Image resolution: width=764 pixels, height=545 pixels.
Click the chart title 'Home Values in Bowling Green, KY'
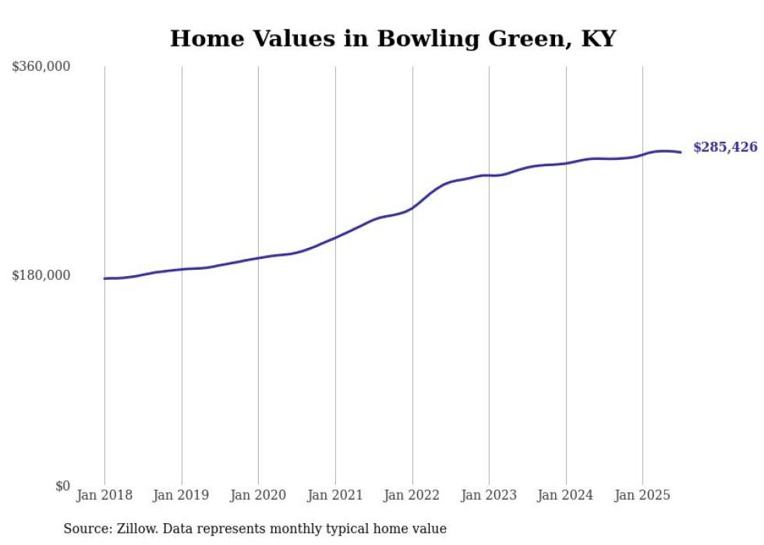392,38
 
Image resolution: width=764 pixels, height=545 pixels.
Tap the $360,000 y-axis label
41,67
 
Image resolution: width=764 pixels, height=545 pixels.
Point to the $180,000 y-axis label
41,275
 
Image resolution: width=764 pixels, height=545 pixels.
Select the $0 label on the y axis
62,486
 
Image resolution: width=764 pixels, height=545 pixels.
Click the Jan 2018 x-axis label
104,495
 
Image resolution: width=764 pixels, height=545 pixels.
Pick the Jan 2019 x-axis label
182,495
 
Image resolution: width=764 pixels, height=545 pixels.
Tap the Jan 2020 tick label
258,495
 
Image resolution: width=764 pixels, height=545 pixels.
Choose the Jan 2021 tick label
335,495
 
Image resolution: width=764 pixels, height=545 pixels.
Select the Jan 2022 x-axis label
412,495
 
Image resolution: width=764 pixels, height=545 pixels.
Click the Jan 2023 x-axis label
489,495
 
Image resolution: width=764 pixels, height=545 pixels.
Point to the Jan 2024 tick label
566,495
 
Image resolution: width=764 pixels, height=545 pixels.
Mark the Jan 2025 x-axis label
642,495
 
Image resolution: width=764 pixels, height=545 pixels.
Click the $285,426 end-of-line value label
725,147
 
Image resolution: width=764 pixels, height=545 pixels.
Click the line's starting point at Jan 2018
104,278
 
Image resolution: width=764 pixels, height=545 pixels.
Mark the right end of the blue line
681,152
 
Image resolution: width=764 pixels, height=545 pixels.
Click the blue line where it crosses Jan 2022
412,208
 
